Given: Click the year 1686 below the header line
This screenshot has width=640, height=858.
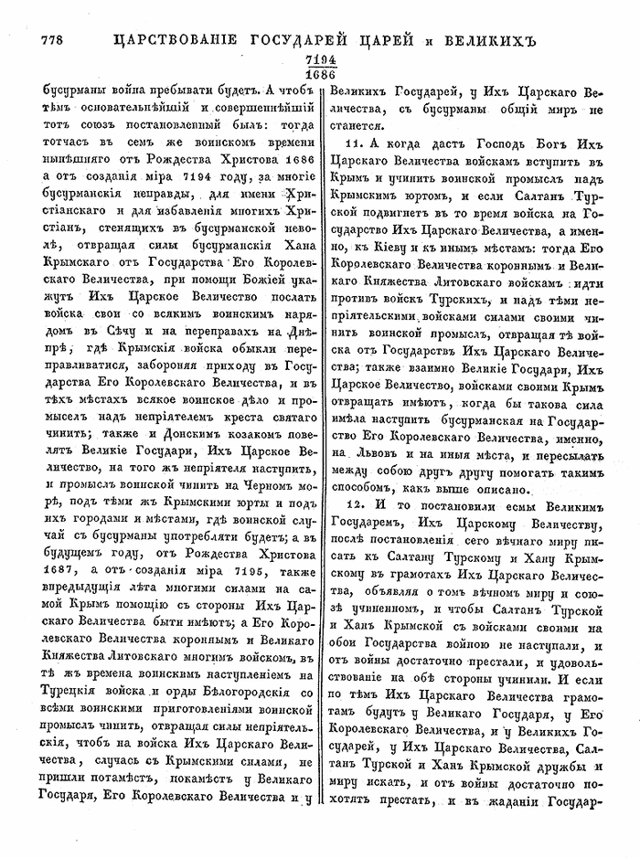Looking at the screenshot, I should click(x=320, y=74).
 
